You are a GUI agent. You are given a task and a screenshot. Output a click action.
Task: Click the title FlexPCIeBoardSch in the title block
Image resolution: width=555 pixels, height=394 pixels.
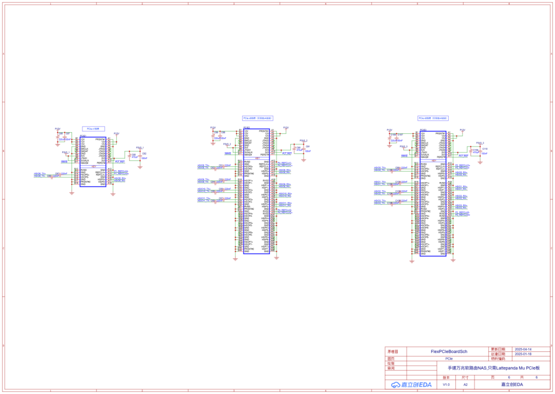tap(449, 351)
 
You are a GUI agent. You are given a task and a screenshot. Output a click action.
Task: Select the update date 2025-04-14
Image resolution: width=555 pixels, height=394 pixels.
tap(523, 349)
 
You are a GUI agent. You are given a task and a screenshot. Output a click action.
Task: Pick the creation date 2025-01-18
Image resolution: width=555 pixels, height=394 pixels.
tap(523, 354)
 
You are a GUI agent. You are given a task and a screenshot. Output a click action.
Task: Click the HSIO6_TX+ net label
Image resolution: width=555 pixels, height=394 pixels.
tap(40, 173)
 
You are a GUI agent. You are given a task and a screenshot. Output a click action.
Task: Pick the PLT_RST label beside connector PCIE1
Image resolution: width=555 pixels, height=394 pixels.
tap(120, 162)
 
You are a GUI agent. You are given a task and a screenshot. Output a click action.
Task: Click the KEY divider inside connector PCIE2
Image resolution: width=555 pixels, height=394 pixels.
tap(256, 158)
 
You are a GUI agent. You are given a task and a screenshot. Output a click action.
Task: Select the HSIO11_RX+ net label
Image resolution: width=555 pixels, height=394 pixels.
tap(285, 203)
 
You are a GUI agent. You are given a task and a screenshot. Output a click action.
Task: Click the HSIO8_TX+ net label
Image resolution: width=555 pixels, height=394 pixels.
tap(203, 180)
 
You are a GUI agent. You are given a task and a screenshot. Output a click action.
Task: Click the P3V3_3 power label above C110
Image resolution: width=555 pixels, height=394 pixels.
tap(480, 142)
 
